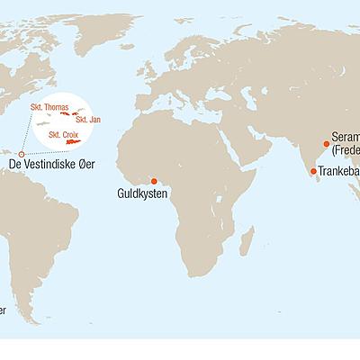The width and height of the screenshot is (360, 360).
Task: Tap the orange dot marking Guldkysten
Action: tap(154, 180)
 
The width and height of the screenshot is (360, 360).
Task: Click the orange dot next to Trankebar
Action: tap(312, 171)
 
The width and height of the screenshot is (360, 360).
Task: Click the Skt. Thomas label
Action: tap(49, 107)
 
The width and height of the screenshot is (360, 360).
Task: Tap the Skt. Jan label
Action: tap(87, 120)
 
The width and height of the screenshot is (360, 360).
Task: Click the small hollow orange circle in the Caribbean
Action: tap(22, 155)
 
